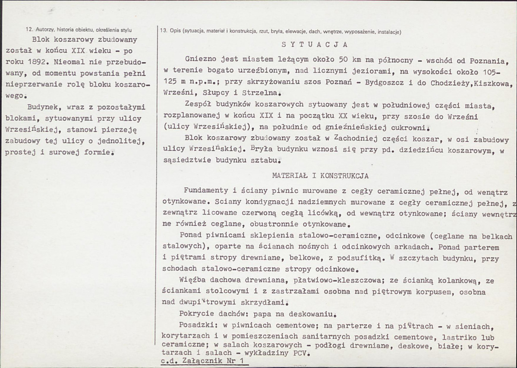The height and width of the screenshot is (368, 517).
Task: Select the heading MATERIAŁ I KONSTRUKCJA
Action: [320, 176]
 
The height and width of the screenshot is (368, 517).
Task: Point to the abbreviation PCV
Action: [300, 352]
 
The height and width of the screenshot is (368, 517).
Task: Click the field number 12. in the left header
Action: [29, 30]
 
